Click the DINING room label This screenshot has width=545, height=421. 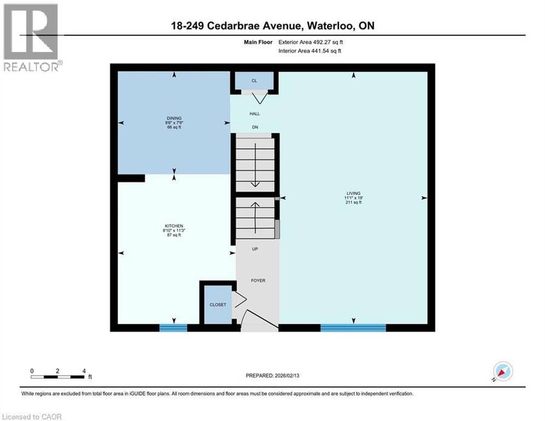pyautogui.click(x=174, y=118)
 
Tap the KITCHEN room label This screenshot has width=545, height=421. pyautogui.click(x=174, y=226)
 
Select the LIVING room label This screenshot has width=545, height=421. pyautogui.click(x=354, y=193)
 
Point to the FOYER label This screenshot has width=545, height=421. pyautogui.click(x=258, y=280)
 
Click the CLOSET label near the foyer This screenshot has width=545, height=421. pyautogui.click(x=218, y=305)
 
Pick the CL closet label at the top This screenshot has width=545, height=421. pyautogui.click(x=254, y=81)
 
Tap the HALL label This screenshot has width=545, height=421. pyautogui.click(x=255, y=114)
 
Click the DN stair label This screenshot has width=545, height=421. pyautogui.click(x=255, y=127)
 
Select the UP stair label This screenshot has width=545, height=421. pyautogui.click(x=255, y=249)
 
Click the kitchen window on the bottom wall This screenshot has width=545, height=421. pyautogui.click(x=173, y=328)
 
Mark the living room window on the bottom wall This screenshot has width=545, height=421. pyautogui.click(x=353, y=328)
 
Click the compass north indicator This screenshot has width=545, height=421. pyautogui.click(x=503, y=371)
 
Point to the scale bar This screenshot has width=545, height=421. pyautogui.click(x=58, y=377)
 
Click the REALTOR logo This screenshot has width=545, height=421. pyautogui.click(x=32, y=38)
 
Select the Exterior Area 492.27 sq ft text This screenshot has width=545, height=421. pyautogui.click(x=311, y=42)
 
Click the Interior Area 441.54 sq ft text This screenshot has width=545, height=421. pyautogui.click(x=309, y=51)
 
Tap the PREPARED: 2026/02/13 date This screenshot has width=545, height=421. pyautogui.click(x=272, y=376)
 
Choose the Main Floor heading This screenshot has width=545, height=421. pyautogui.click(x=258, y=42)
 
